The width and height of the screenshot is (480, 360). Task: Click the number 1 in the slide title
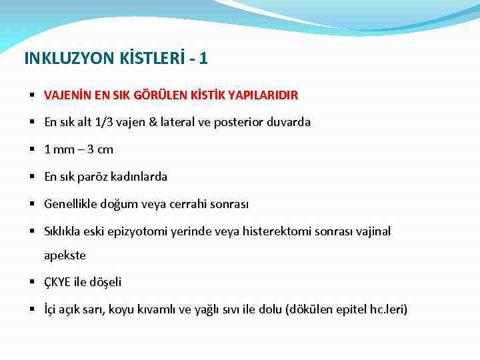coord(203,59)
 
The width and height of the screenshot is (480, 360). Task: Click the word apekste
coord(65,255)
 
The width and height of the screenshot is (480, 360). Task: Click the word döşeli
coord(105,283)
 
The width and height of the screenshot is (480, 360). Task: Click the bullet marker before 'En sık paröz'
coord(31,177)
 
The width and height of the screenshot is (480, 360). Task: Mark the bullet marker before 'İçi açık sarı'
coord(31,310)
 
